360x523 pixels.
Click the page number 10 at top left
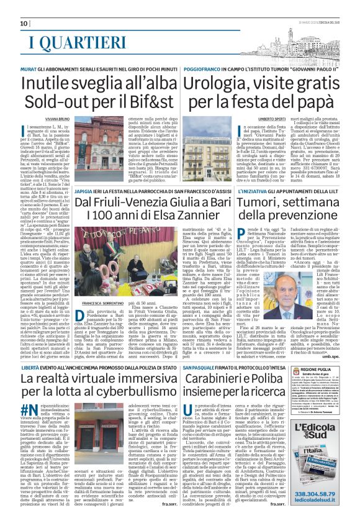point(15,24)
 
